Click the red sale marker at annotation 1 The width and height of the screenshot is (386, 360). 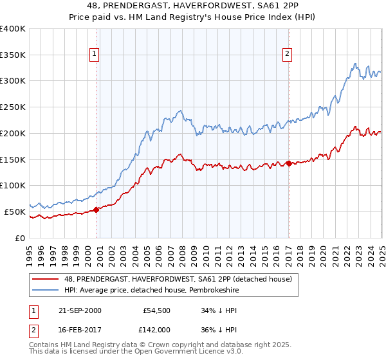[x=96, y=209]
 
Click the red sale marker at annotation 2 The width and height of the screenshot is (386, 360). [x=289, y=163]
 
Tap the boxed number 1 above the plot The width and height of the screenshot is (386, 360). [x=95, y=55]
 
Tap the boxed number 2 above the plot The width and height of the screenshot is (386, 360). [x=287, y=55]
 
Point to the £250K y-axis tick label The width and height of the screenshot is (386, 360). [x=13, y=107]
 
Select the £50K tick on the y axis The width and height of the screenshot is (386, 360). [x=15, y=212]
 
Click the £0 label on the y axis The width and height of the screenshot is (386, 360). [x=21, y=238]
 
